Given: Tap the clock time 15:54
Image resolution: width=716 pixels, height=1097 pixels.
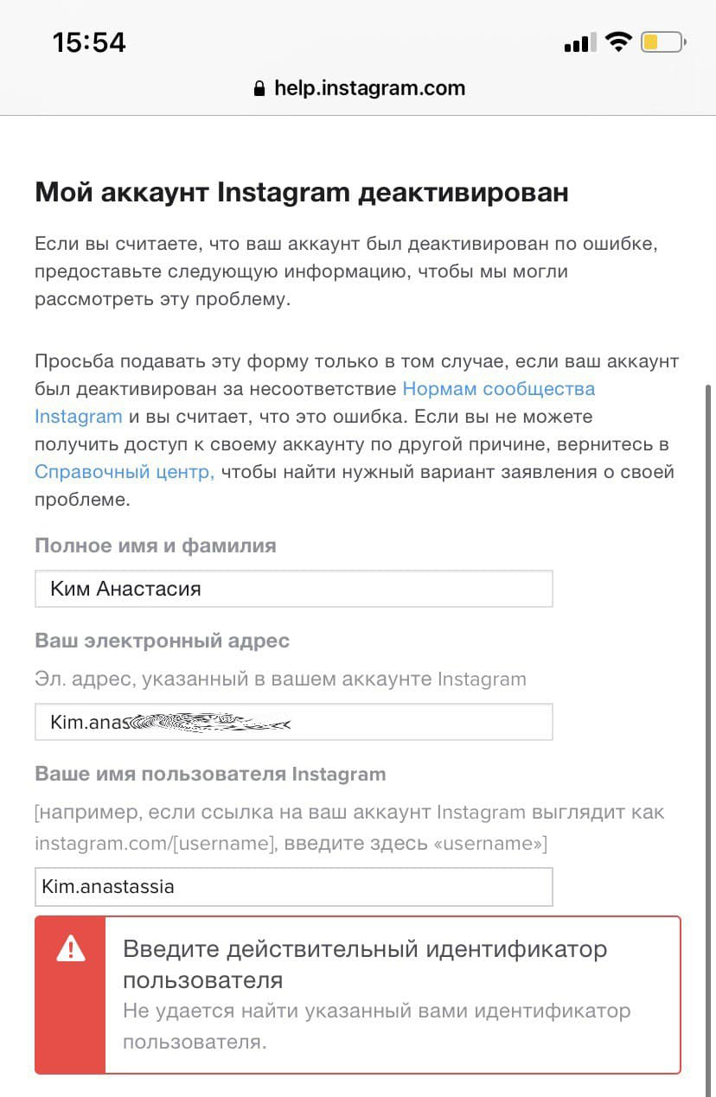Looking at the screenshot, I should (89, 42).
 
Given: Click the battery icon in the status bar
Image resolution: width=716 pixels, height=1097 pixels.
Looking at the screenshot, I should (663, 41).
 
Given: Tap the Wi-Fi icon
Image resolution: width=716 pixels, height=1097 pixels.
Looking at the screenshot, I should (618, 41).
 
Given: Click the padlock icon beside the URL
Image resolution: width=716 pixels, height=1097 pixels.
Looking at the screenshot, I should (259, 89).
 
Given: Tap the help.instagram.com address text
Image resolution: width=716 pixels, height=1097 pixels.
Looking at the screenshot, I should (369, 88).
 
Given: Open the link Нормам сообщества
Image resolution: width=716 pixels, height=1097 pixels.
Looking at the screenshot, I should (499, 388).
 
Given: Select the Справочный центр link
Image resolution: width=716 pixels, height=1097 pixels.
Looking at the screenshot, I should (124, 472).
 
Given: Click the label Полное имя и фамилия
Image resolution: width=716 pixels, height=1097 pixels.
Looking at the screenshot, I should (156, 545).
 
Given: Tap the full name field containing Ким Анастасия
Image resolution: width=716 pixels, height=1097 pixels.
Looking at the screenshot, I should (293, 589).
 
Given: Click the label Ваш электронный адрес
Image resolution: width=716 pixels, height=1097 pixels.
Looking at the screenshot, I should (162, 641).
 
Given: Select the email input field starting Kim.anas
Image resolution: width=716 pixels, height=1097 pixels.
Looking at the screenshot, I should (293, 722).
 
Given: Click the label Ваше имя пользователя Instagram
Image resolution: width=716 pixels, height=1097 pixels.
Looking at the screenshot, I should (210, 774).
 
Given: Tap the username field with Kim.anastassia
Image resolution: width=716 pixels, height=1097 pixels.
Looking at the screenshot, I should (293, 886).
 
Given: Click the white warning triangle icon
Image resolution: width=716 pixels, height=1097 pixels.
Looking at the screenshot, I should (70, 949).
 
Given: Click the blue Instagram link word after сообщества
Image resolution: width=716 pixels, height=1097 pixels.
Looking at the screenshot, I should (78, 417).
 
